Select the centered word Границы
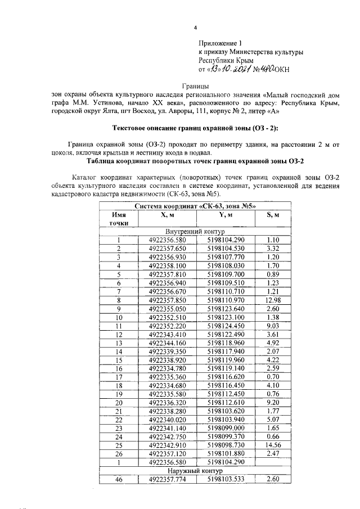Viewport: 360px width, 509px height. (195, 87)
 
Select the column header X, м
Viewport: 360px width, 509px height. (167, 214)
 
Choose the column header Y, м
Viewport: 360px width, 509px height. (226, 214)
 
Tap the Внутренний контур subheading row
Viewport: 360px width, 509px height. (195, 231)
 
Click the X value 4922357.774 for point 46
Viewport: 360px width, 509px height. (167, 479)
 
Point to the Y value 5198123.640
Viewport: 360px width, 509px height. (226, 309)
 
